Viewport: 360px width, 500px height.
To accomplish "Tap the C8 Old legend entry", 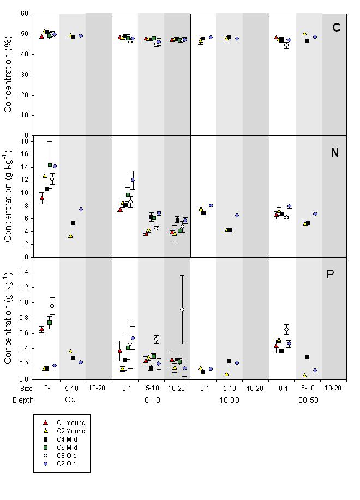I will [62, 456].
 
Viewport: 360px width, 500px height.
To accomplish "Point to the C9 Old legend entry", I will [62, 464].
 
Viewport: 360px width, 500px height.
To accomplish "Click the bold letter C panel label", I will [336, 27].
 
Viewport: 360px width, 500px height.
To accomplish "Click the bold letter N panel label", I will [335, 153].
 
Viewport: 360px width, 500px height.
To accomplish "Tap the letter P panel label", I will [330, 274].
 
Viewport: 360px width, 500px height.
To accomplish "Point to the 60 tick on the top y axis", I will [25, 14].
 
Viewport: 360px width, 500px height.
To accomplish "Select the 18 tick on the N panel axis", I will [25, 141].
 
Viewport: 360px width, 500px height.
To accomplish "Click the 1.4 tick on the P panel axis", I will [23, 272].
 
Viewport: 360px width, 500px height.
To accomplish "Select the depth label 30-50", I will [308, 400].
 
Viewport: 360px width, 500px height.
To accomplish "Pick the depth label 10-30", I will [230, 400].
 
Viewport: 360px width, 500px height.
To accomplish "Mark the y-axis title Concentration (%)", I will [8, 74].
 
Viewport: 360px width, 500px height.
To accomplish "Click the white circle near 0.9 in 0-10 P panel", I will [182, 309].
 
